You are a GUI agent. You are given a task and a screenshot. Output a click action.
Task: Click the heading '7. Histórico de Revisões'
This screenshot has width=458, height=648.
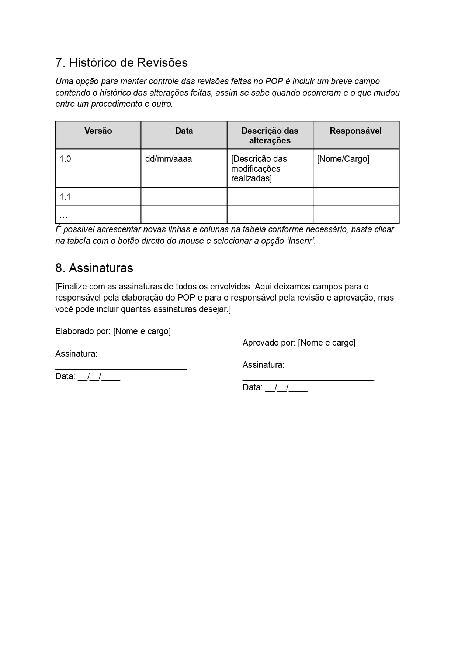pyautogui.click(x=121, y=63)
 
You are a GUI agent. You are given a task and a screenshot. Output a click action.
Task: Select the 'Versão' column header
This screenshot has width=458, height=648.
pyautogui.click(x=98, y=131)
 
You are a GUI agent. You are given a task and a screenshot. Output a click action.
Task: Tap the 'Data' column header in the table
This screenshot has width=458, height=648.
pyautogui.click(x=184, y=131)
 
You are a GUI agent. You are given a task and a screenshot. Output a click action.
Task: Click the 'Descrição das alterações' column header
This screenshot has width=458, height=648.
pyautogui.click(x=270, y=136)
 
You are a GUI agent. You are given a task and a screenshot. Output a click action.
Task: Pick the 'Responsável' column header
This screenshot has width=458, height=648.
pyautogui.click(x=355, y=131)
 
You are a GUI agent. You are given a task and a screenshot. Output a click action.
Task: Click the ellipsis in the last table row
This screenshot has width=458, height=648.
pyautogui.click(x=63, y=216)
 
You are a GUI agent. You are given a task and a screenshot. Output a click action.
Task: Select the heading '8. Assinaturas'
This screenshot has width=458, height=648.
pyautogui.click(x=94, y=268)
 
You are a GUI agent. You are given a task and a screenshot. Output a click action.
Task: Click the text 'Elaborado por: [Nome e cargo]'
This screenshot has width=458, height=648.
pyautogui.click(x=113, y=331)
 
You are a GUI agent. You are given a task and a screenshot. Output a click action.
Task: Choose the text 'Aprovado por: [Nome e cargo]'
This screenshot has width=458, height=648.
pyautogui.click(x=299, y=343)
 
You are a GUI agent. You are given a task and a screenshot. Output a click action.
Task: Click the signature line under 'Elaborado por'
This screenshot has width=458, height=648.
pyautogui.click(x=121, y=368)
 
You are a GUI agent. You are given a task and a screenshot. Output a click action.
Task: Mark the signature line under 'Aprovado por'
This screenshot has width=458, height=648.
pyautogui.click(x=308, y=379)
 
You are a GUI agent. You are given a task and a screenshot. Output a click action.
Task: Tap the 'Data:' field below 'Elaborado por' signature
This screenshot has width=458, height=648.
pyautogui.click(x=88, y=377)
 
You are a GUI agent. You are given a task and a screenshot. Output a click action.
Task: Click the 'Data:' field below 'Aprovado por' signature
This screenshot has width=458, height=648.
pyautogui.click(x=275, y=388)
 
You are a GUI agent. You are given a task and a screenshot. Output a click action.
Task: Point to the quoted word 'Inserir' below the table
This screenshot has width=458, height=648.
pyautogui.click(x=301, y=241)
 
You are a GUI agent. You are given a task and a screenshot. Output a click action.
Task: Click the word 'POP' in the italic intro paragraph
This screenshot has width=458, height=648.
pyautogui.click(x=274, y=81)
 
